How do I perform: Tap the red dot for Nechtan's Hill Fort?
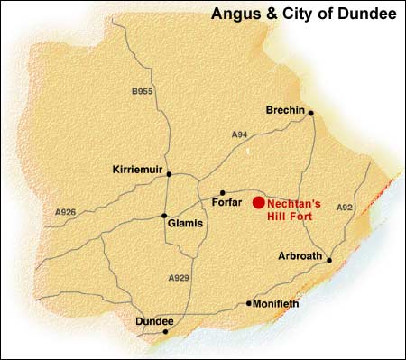(x=259, y=203)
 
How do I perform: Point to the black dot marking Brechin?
(x=310, y=113)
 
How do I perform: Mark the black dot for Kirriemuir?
(x=169, y=174)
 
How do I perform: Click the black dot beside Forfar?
(x=223, y=192)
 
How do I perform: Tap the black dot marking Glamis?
(x=163, y=216)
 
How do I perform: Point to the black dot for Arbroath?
(x=329, y=260)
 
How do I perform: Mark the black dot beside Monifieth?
(x=249, y=303)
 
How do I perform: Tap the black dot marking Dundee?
(x=165, y=331)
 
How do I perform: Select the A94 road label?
(x=239, y=134)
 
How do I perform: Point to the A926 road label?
(x=66, y=212)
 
